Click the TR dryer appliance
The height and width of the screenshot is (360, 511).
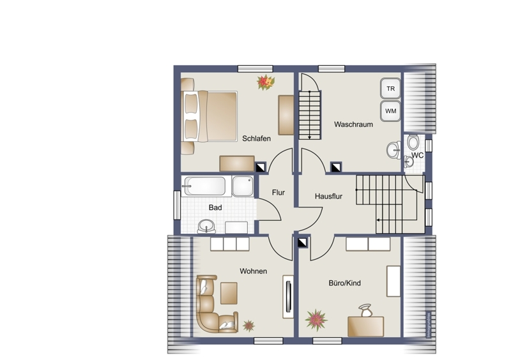(390, 88)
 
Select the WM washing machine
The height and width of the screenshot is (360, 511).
(390, 111)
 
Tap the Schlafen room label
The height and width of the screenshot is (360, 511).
(257, 139)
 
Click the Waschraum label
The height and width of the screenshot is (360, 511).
(354, 124)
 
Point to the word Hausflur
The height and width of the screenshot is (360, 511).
(328, 196)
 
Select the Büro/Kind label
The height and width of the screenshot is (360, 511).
(345, 283)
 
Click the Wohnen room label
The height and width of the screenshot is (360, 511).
(253, 271)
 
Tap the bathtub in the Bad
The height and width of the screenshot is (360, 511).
(204, 186)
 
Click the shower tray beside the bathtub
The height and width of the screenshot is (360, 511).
(243, 186)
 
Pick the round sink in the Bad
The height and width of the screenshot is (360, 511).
(206, 226)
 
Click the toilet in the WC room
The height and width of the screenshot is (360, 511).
(413, 142)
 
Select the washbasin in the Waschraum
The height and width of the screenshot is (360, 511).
(394, 150)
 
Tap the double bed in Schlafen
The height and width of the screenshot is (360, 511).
(210, 116)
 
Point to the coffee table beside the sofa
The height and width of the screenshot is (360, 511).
(229, 293)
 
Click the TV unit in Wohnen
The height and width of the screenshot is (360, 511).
(288, 297)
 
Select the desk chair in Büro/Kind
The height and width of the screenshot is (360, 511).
(365, 310)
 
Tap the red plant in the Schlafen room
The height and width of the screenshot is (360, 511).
(266, 82)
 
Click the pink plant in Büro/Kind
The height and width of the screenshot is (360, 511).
(316, 320)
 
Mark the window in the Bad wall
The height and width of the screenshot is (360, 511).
(177, 205)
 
